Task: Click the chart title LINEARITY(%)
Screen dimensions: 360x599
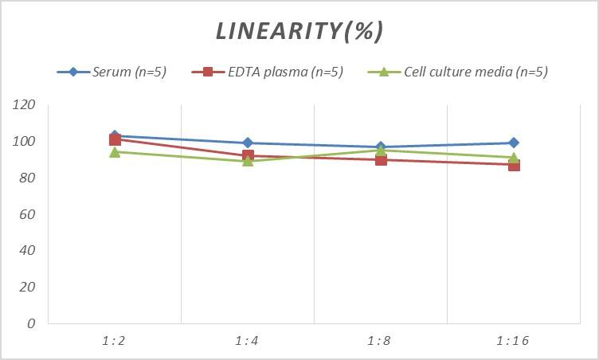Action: (299, 31)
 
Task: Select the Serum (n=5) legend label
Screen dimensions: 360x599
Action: (129, 72)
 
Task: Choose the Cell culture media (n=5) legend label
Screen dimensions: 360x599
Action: (476, 72)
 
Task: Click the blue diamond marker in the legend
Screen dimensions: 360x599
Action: (73, 72)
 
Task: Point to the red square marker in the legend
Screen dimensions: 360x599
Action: (208, 72)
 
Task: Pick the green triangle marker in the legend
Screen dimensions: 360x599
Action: (383, 72)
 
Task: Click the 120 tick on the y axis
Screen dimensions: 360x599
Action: (25, 105)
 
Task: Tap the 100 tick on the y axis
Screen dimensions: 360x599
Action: (25, 142)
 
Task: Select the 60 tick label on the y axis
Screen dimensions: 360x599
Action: (28, 214)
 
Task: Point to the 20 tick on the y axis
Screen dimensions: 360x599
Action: (28, 287)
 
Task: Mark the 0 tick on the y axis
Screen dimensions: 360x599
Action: (31, 323)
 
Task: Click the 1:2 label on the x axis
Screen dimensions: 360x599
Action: (114, 340)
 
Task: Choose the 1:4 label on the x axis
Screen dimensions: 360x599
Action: (247, 340)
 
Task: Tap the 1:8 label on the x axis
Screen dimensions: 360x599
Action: (380, 340)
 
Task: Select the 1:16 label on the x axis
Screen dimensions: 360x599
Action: (513, 340)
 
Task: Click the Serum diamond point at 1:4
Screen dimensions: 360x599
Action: (248, 143)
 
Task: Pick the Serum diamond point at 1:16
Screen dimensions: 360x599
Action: (514, 143)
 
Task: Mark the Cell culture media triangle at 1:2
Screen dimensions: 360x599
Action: (115, 151)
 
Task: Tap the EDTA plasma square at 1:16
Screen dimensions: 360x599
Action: (514, 165)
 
